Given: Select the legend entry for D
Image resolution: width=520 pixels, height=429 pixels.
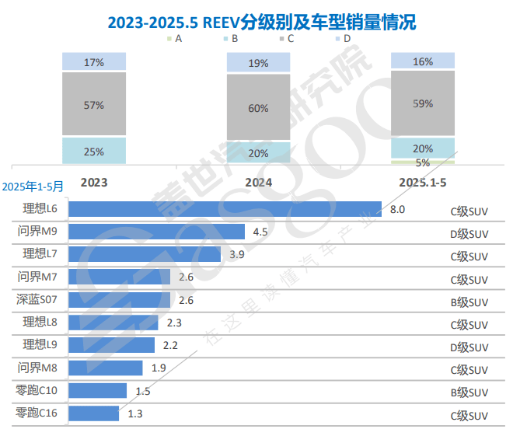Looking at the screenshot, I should pos(343,37).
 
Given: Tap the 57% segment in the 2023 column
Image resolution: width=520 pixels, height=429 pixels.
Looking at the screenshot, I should pos(94,104).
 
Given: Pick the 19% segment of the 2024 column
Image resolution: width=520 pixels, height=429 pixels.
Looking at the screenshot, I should pos(259,63).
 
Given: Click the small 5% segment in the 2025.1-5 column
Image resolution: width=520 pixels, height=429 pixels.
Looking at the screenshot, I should pos(423,162).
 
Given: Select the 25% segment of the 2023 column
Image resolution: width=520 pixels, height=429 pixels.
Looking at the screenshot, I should pos(94,152).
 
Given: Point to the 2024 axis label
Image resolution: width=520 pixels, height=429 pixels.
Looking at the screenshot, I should pos(259,181).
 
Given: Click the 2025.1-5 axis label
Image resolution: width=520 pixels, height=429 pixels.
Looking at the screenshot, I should pos(423,181).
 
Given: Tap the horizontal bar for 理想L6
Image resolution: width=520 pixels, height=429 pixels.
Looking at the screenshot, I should pos(225,209).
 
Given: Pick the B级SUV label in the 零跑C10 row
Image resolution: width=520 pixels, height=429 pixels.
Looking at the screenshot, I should pos(469,392).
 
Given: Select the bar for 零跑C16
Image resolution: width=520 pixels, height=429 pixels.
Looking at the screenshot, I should pos(94,413).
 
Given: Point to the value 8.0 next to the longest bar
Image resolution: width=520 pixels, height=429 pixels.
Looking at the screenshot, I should pos(397,209).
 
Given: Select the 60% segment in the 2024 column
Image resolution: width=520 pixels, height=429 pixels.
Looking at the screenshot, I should pos(259,108).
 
